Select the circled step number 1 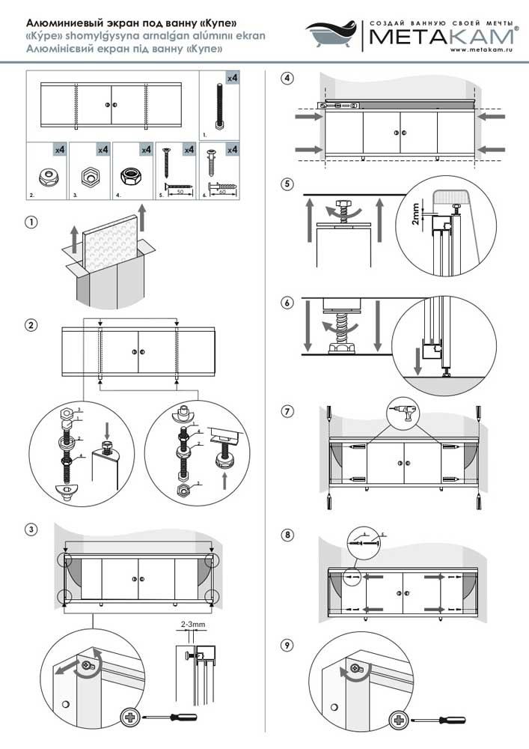click(x=31, y=222)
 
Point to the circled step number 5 click(x=287, y=184)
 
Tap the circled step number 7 click(x=287, y=411)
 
